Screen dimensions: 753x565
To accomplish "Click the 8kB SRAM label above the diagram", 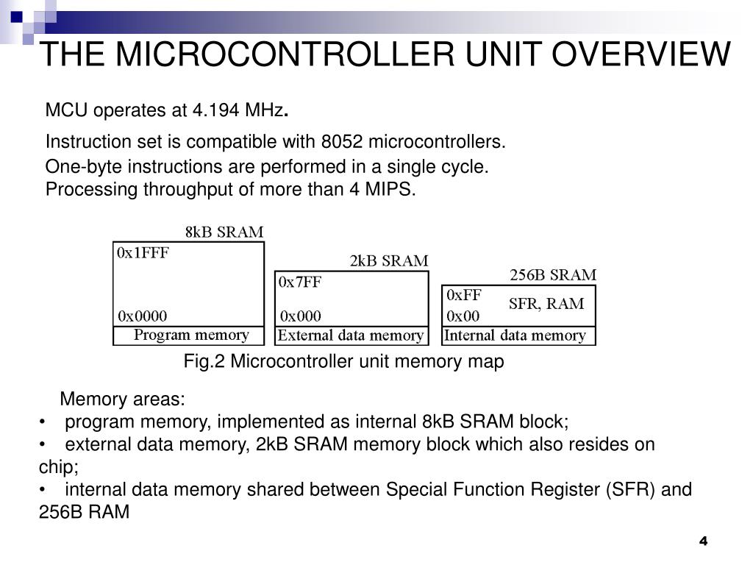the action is [224, 232].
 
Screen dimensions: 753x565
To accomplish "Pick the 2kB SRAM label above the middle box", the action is [388, 261].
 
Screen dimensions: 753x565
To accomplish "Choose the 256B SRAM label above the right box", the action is [553, 276].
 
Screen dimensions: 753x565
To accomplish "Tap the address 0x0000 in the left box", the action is [143, 316].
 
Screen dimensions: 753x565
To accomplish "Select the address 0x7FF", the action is [300, 282].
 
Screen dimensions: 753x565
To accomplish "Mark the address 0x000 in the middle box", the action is [300, 316].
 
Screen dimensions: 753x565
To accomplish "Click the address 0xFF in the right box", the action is [463, 295].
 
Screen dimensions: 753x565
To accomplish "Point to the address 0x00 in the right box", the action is [463, 316].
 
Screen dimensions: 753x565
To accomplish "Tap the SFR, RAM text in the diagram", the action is [546, 304].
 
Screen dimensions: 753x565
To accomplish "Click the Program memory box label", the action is [190, 335].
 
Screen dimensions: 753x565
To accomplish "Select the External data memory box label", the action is [351, 336].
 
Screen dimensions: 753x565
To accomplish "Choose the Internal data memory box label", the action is [515, 336].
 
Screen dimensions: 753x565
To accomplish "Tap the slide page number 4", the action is [702, 541].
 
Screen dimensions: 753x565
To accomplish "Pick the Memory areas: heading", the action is [123, 400].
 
